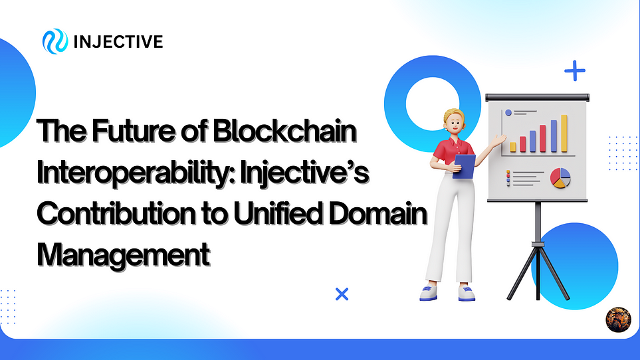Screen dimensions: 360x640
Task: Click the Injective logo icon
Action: pyautogui.click(x=54, y=42)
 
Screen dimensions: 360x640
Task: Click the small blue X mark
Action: pyautogui.click(x=342, y=294)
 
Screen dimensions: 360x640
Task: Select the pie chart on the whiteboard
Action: pyautogui.click(x=560, y=177)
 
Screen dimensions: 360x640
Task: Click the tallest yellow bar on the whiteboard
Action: pyautogui.click(x=564, y=133)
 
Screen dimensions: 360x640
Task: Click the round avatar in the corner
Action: pyautogui.click(x=617, y=319)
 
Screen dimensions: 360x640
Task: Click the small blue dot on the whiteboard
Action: pyautogui.click(x=508, y=114)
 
